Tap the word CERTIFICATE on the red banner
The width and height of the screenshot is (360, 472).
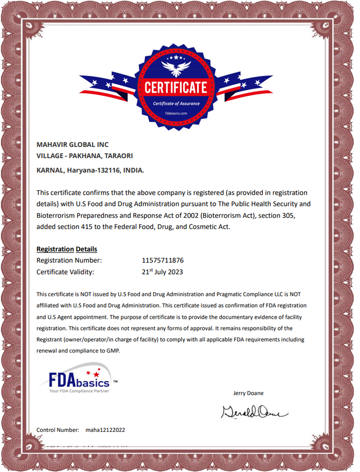176,87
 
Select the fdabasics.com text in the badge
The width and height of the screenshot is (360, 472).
176,114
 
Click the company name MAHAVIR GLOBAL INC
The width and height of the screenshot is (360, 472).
73,145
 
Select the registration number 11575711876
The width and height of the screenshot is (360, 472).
163,261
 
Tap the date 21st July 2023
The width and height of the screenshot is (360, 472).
162,272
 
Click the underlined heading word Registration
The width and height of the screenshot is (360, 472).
55,249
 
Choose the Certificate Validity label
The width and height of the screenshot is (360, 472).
65,272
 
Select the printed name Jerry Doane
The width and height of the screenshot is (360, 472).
248,393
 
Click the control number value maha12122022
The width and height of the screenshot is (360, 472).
105,430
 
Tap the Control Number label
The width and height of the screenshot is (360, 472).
58,430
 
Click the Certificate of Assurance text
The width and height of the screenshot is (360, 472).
176,104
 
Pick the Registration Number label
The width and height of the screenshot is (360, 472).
69,261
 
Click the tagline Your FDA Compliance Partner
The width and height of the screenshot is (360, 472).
79,391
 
